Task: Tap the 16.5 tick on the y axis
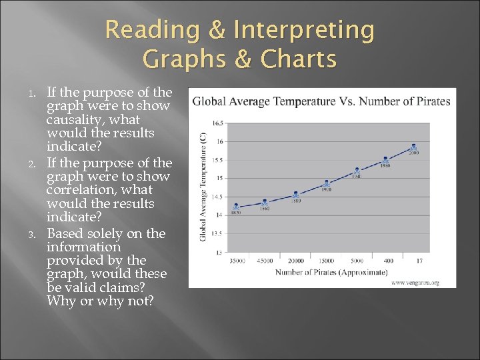click(217, 123)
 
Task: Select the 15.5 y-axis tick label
click(217, 160)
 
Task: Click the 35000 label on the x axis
click(236, 261)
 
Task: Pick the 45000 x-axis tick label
click(265, 261)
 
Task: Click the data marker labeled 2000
click(414, 147)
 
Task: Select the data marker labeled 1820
click(236, 207)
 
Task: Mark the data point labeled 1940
click(357, 171)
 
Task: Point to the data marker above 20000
click(295, 195)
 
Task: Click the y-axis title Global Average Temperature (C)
click(203, 186)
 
